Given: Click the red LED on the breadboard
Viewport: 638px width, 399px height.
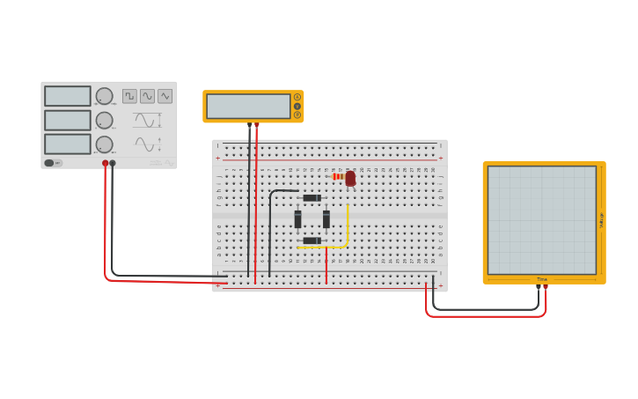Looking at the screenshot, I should (x=350, y=178).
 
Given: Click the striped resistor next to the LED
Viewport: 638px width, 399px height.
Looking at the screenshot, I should (x=338, y=177).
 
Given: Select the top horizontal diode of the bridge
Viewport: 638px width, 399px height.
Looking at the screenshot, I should (x=312, y=197).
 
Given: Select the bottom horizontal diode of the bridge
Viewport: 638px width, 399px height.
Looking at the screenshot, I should (x=312, y=240).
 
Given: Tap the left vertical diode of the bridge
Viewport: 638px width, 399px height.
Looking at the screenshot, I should (x=297, y=218).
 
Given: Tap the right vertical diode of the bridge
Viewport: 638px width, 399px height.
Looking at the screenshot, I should (x=326, y=218).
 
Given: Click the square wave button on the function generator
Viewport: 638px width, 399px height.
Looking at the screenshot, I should (x=130, y=96).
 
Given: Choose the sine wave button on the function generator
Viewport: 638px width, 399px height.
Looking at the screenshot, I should (x=147, y=96).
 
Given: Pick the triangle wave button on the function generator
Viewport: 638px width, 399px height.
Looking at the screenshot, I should (x=165, y=96).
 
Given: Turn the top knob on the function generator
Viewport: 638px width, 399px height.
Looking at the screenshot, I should (x=104, y=96).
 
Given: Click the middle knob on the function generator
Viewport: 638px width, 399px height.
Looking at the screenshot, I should (x=104, y=120).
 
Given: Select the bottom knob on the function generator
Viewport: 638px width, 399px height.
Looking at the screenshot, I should (x=104, y=144).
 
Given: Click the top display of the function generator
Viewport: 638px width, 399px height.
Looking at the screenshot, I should (x=68, y=96).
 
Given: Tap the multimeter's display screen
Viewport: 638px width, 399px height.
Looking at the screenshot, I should (x=248, y=106).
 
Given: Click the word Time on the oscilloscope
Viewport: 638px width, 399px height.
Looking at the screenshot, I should (x=542, y=279).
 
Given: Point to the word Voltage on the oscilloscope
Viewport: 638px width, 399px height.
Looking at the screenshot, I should (x=601, y=220).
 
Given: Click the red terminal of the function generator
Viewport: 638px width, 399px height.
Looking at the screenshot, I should (x=105, y=163).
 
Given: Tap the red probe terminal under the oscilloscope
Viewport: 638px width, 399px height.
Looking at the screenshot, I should (x=546, y=286).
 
